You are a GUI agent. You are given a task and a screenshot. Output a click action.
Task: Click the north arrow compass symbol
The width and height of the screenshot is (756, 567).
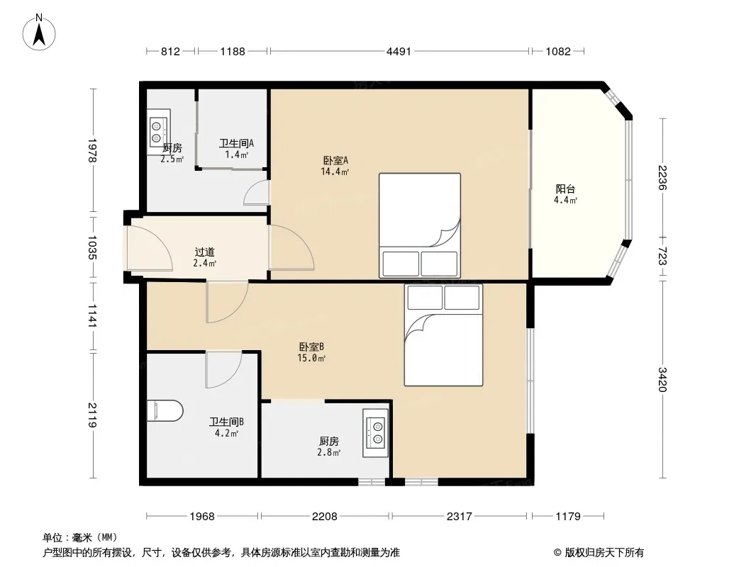[x=39, y=33]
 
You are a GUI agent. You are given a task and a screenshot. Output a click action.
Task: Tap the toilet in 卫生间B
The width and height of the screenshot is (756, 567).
[x=165, y=410]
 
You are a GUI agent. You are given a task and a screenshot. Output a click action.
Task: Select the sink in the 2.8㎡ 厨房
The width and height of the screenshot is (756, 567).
[x=376, y=432]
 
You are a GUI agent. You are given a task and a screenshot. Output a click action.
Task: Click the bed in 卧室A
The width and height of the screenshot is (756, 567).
[x=419, y=225]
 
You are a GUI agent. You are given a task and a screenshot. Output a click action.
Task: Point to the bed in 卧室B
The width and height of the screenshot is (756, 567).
[x=443, y=335]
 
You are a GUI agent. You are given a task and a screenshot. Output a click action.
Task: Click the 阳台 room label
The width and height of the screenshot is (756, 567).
[x=565, y=189]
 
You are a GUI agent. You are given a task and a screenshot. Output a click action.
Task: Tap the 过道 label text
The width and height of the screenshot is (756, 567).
[x=204, y=252]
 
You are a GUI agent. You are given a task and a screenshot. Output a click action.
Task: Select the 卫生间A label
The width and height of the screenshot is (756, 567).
[x=236, y=143]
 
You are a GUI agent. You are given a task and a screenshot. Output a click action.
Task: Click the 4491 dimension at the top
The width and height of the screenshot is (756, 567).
[x=399, y=51]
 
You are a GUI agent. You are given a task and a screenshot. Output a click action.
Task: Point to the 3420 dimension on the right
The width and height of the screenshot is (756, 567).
[x=662, y=380]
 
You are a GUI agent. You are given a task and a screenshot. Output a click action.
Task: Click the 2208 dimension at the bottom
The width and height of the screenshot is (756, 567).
[x=325, y=517]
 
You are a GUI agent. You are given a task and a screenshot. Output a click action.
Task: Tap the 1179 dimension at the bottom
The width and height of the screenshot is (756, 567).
[x=568, y=517]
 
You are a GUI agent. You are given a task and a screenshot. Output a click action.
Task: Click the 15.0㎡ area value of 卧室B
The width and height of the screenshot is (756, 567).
[x=311, y=358]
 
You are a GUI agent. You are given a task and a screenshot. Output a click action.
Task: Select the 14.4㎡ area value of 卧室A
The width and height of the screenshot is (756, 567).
[x=335, y=172]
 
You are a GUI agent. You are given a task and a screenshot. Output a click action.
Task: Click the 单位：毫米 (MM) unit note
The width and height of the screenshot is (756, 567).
[x=80, y=538]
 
